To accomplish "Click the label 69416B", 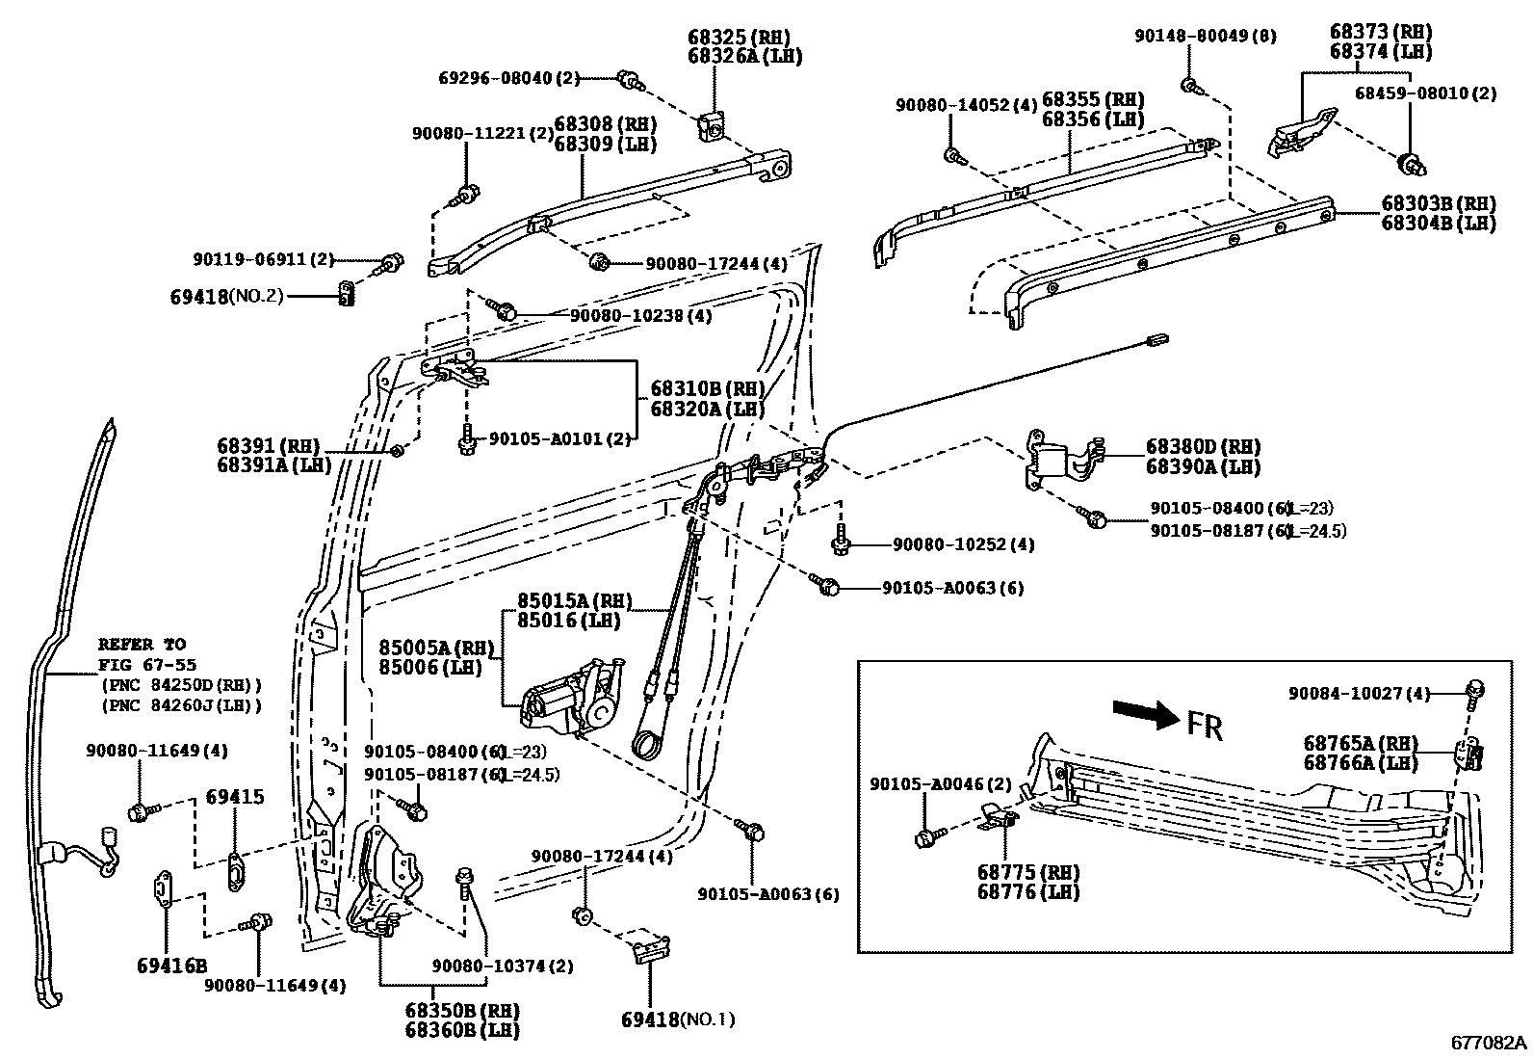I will [171, 966].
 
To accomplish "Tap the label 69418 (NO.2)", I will [227, 297].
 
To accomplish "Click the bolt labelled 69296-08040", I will [630, 79].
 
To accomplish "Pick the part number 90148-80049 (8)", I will [1205, 36].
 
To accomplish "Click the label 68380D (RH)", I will [1203, 447].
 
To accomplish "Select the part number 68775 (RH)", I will [1028, 872].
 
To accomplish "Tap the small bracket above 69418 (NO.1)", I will [649, 948].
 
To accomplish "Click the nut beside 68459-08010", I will [1413, 163].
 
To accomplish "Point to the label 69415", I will [235, 798].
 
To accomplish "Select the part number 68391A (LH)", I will [273, 464].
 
